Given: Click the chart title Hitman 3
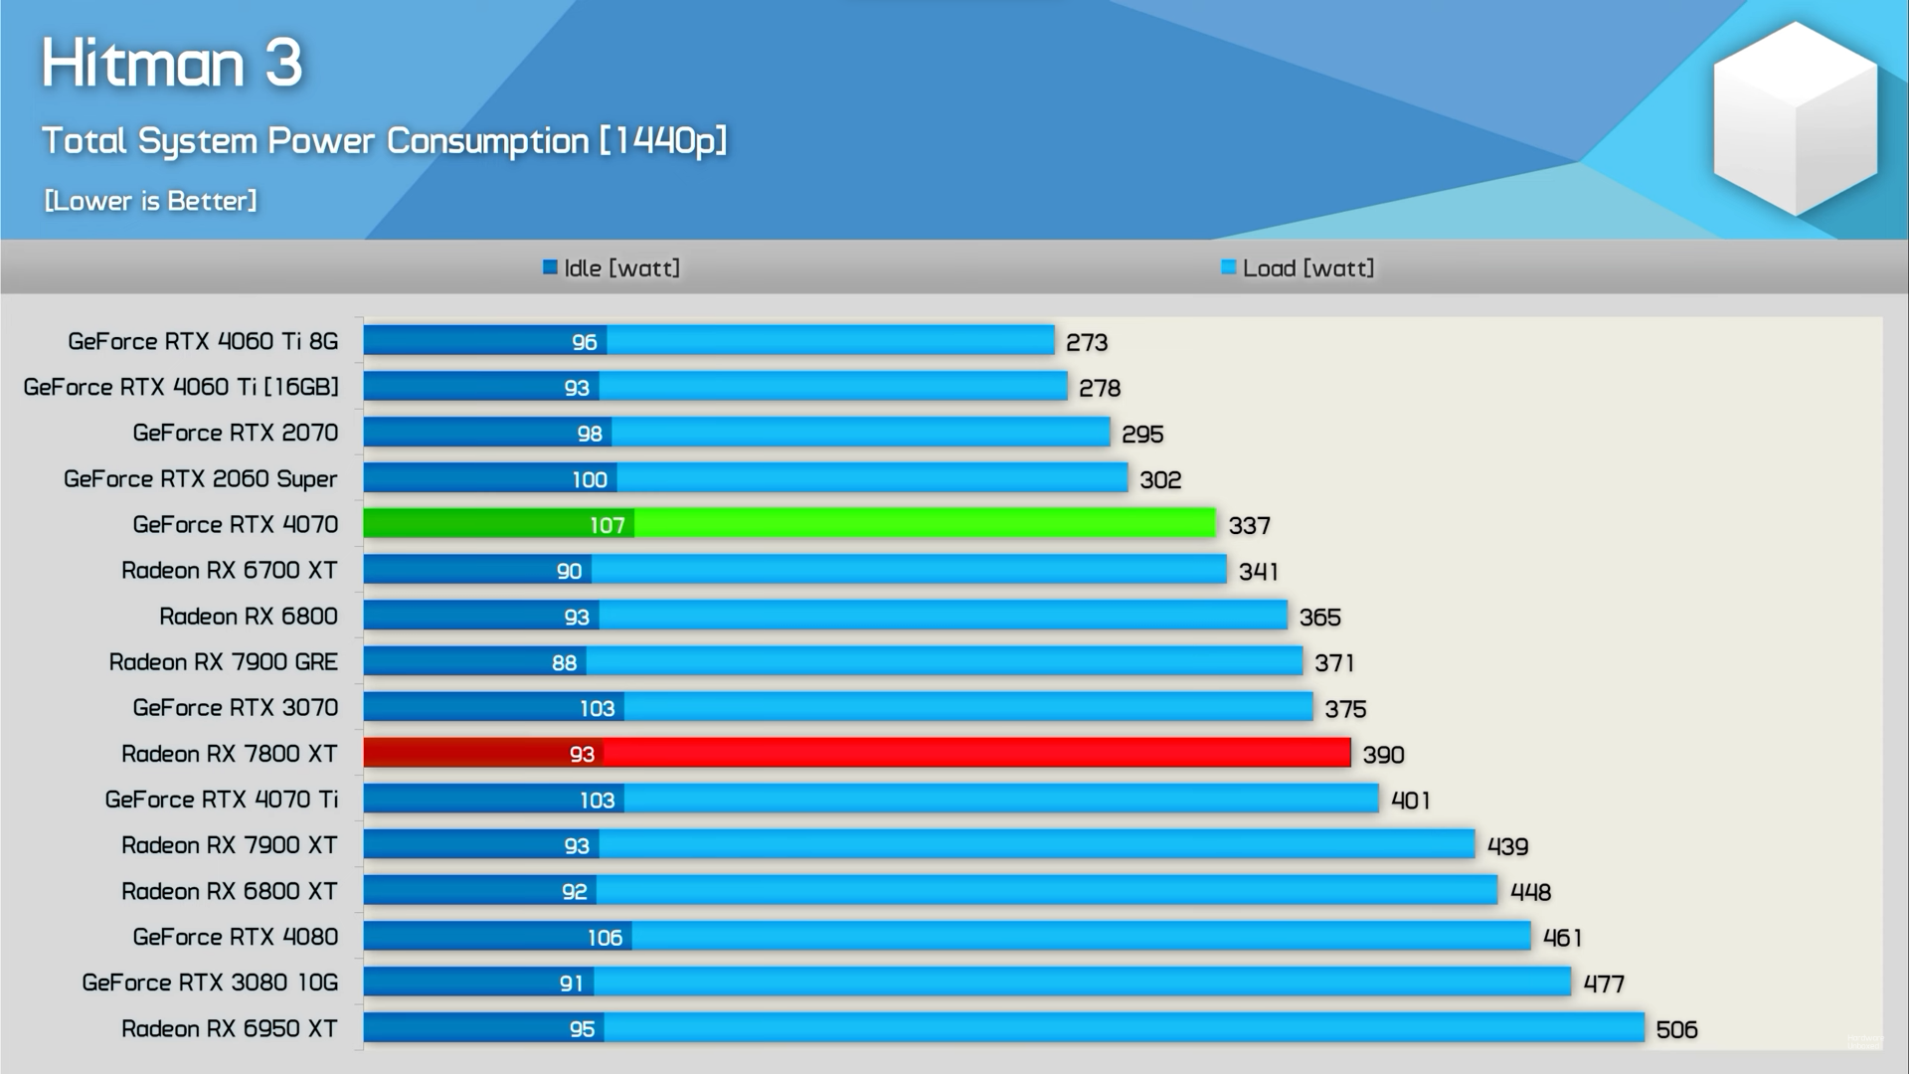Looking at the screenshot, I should click(x=172, y=64).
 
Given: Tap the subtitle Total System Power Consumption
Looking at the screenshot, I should click(x=384, y=141).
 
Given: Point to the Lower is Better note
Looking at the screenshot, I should click(x=150, y=201).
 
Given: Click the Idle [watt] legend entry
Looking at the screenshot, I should click(x=611, y=268).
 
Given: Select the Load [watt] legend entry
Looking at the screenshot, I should click(x=1298, y=268).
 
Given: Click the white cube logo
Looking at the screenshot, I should click(x=1795, y=119).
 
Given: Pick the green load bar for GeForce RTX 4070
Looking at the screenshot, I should click(x=925, y=523).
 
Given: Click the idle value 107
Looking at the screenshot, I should click(x=607, y=525).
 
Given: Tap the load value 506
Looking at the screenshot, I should click(x=1676, y=1030).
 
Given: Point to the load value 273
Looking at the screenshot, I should click(x=1086, y=343).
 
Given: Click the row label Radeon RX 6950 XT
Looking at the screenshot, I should click(x=230, y=1028).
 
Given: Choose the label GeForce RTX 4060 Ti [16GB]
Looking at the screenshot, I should click(x=181, y=387).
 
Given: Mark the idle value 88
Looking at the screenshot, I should click(x=564, y=662).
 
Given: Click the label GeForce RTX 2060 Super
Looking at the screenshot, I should click(x=201, y=478).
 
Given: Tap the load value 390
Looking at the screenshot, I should click(x=1383, y=755).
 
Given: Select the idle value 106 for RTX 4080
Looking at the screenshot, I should click(x=605, y=938).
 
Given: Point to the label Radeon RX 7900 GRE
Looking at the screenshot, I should click(x=224, y=661).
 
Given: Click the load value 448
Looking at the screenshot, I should click(x=1530, y=892).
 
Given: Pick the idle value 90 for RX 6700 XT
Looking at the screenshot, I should click(x=569, y=571).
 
